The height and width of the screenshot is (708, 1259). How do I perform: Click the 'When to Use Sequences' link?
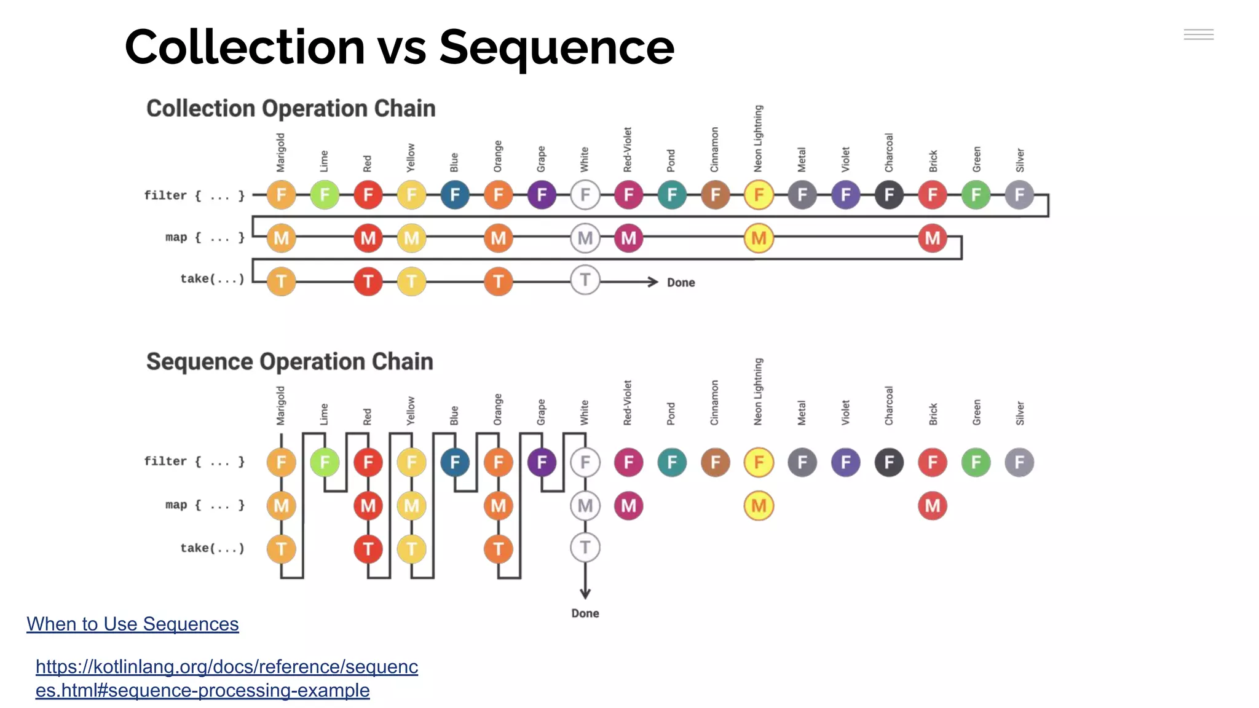(x=132, y=624)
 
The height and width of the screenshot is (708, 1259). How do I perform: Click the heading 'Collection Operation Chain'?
(x=291, y=108)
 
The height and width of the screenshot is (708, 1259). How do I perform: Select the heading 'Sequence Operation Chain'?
(x=290, y=361)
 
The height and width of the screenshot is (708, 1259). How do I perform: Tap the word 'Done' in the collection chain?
(x=681, y=283)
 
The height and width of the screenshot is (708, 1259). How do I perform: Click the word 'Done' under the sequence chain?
(x=585, y=613)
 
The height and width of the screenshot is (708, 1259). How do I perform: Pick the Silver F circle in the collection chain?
(x=1019, y=195)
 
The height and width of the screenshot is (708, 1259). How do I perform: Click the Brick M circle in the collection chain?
(x=932, y=238)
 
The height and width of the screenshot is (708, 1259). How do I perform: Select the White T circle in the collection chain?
(x=585, y=280)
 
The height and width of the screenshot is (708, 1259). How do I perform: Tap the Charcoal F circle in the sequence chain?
(x=889, y=462)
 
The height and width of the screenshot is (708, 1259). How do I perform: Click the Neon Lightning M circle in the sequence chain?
(x=759, y=506)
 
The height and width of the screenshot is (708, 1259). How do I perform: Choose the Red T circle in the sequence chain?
(x=368, y=549)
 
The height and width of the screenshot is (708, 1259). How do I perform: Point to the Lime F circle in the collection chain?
(x=325, y=195)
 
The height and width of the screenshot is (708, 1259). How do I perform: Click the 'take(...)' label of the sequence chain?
(x=212, y=548)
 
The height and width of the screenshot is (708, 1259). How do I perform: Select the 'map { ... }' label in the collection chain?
(x=205, y=237)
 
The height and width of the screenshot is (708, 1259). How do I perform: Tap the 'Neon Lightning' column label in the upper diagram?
(x=758, y=139)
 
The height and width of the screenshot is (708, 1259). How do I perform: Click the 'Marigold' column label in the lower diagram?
(x=281, y=406)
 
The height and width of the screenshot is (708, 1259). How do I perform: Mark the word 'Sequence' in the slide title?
(x=556, y=47)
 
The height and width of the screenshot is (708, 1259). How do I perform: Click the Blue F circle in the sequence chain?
(x=455, y=462)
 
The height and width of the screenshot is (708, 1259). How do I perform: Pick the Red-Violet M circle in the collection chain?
(x=628, y=238)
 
